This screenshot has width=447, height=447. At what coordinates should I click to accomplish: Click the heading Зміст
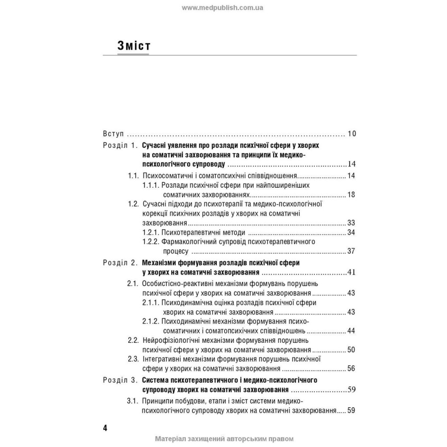[133, 46]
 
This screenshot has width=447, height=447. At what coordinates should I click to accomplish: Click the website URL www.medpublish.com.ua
[223, 8]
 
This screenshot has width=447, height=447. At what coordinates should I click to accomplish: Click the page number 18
[351, 194]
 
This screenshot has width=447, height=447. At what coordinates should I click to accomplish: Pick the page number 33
[351, 223]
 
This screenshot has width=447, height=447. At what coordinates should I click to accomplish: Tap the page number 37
[351, 251]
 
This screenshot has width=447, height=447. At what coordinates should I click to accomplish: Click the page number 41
[351, 272]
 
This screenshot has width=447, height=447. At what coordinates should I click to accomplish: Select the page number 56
[351, 369]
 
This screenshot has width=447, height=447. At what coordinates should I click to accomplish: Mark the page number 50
[351, 350]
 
